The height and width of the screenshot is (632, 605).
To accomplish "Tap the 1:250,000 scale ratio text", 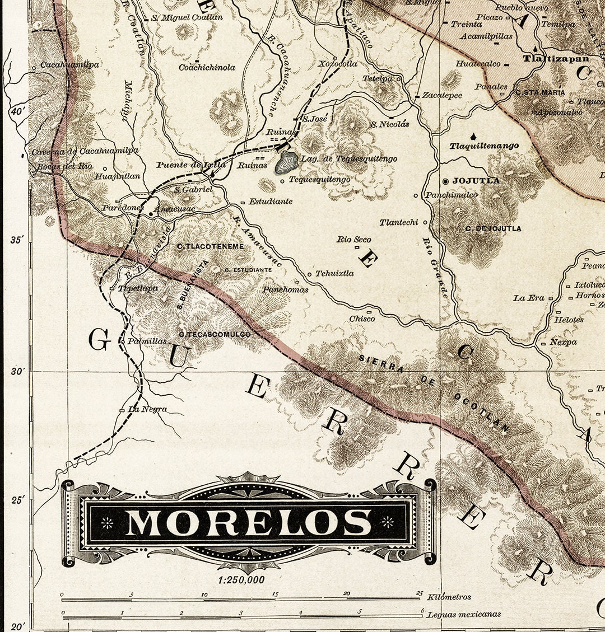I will click(241, 580).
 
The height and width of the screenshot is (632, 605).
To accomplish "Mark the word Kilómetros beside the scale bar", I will click(449, 597).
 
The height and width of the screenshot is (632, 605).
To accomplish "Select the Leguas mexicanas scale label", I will click(464, 614).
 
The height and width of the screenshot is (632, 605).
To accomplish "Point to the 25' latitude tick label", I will click(18, 499).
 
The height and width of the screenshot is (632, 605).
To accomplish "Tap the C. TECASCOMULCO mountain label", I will click(215, 334).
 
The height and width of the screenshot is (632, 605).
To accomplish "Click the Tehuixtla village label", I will click(334, 274).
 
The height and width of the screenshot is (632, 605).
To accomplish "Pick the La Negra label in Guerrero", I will click(147, 409).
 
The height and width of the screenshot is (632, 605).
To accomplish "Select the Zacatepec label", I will click(442, 95).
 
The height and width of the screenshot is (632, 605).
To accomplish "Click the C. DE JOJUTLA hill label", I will click(493, 228).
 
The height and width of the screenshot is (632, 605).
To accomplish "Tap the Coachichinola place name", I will click(207, 68).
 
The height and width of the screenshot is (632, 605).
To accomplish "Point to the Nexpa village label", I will click(562, 342).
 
